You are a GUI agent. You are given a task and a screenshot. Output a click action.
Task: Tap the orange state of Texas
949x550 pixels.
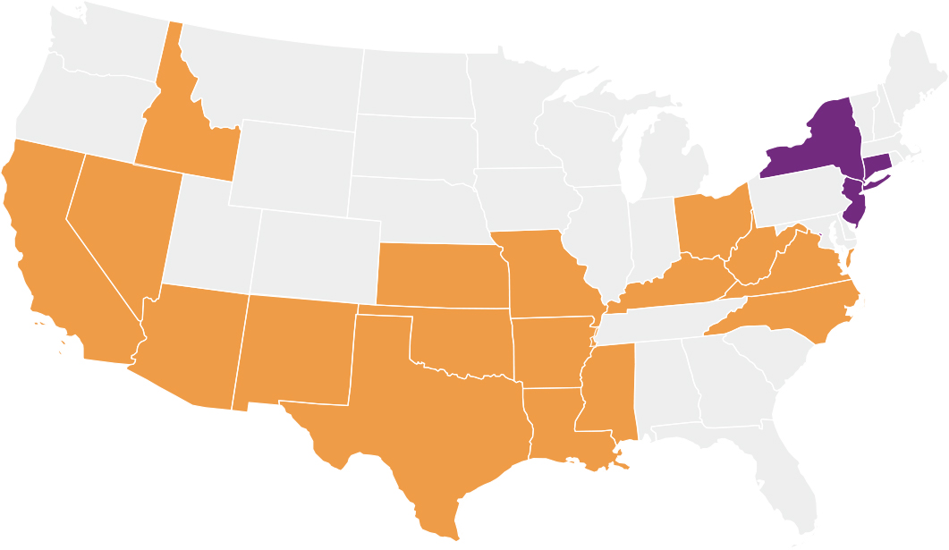click(420, 420)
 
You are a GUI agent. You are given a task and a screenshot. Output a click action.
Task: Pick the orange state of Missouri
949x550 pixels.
click(546, 273)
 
